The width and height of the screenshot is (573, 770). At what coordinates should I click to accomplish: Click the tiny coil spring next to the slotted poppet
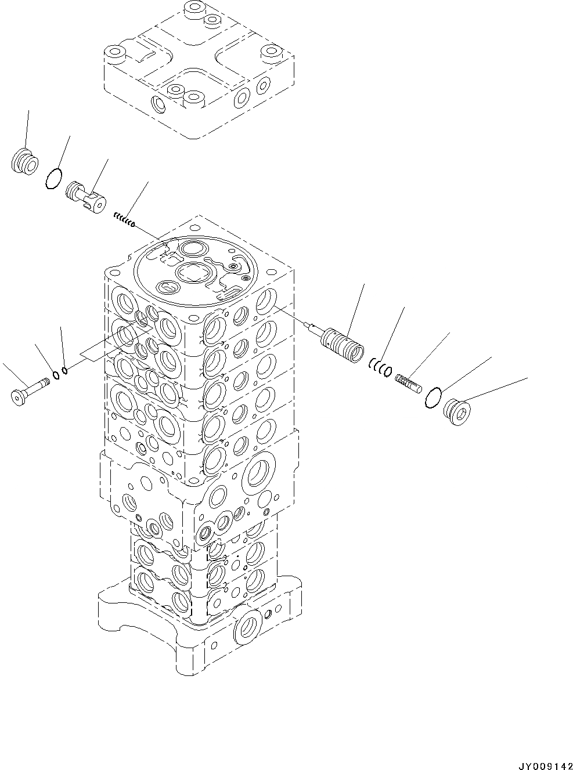tap(124, 219)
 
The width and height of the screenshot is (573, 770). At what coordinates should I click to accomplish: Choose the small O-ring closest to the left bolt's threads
tap(56, 375)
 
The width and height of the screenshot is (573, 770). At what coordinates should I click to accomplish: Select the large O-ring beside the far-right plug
tap(433, 398)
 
